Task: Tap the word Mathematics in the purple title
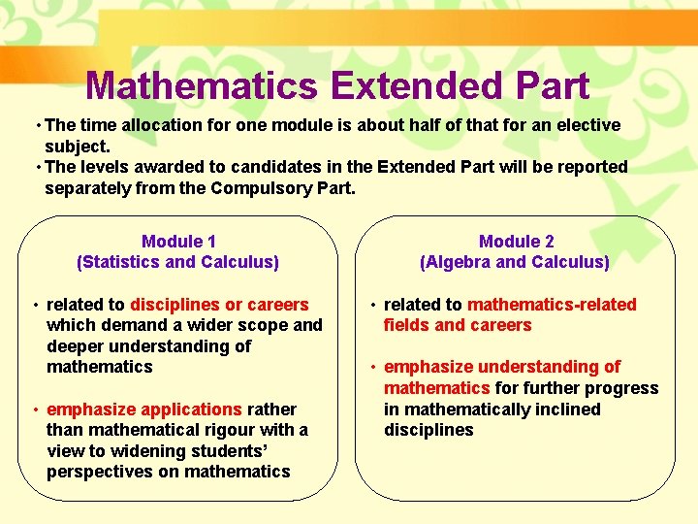tap(201, 86)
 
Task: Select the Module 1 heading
tap(178, 242)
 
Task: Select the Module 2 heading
tap(516, 242)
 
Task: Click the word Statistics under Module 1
tap(124, 262)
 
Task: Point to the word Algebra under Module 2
tap(460, 262)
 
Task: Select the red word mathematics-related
tap(552, 305)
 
